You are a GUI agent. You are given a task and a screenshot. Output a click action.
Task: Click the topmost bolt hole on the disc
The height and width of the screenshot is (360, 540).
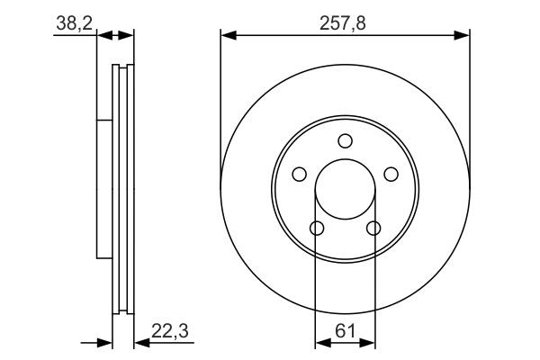tap(346, 140)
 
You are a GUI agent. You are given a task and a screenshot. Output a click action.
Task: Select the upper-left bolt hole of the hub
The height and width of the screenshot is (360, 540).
tap(300, 174)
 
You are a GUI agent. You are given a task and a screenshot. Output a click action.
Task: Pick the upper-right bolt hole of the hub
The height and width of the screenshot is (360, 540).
tap(391, 174)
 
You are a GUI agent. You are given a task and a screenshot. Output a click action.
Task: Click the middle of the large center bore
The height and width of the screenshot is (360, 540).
tap(346, 189)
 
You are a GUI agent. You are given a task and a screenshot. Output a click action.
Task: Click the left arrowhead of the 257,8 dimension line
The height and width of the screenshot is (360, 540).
tap(228, 36)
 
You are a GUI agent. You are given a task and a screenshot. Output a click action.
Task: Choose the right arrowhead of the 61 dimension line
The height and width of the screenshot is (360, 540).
tap(370, 343)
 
